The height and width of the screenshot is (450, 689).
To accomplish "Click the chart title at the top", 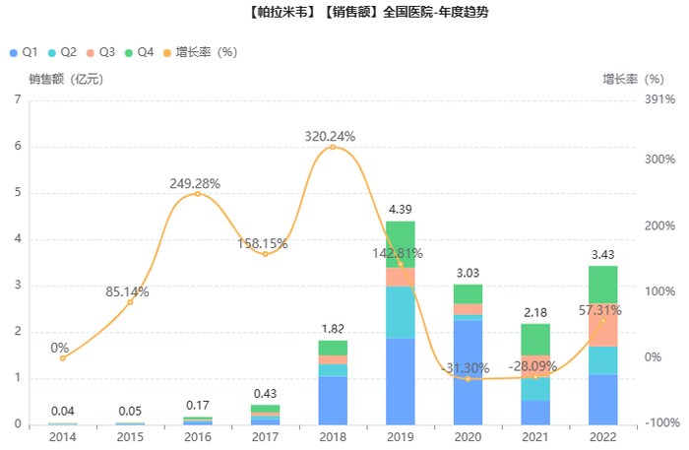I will point(344,13).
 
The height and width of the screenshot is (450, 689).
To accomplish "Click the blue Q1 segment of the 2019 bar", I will point(400,381).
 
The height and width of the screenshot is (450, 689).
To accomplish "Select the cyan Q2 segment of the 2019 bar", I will point(400,312).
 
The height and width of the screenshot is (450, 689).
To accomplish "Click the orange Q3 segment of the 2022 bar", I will point(602,325).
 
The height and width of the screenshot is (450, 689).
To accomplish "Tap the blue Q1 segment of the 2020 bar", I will point(468,372).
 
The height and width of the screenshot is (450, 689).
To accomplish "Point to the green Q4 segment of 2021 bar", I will point(535,339).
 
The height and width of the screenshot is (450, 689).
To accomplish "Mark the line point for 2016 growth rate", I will point(197,194).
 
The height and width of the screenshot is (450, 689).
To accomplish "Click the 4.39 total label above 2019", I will point(400,210).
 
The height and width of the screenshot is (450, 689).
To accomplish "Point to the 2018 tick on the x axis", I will point(332,436).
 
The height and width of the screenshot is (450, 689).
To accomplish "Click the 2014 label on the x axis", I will point(62,436).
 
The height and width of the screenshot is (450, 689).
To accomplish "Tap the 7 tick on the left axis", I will point(18,99).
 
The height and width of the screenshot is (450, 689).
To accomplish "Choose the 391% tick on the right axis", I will point(659,99).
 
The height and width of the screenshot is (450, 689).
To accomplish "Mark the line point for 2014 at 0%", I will point(62,357).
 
